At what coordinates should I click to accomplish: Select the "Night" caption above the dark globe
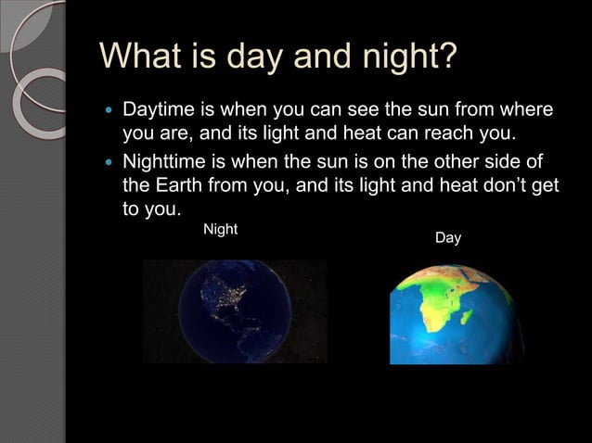220,229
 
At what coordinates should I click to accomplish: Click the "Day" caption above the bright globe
448,238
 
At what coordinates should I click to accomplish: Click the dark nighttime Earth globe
235,310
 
